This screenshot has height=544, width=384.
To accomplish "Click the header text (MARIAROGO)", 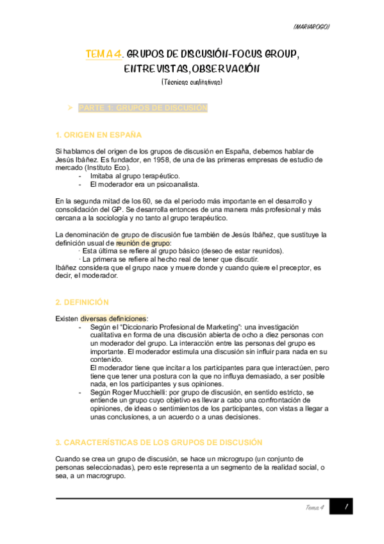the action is pyautogui.click(x=311, y=26).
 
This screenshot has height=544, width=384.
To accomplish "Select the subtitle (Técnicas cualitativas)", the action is pyautogui.click(x=192, y=81).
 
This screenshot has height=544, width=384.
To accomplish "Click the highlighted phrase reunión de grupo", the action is pyautogui.click(x=144, y=243).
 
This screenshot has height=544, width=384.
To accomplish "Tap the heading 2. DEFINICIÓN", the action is pyautogui.click(x=82, y=302).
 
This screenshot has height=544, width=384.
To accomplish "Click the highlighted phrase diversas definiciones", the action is pyautogui.click(x=113, y=319).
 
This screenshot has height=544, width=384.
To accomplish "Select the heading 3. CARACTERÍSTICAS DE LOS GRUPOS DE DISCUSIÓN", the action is pyautogui.click(x=159, y=425).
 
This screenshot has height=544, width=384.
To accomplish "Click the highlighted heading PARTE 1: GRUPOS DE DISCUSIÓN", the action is pyautogui.click(x=143, y=108).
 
